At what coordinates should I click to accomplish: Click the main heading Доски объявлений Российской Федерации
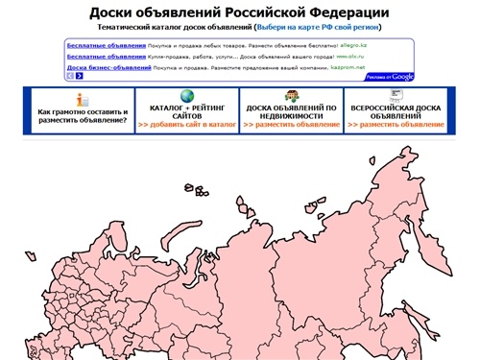coord(239,12)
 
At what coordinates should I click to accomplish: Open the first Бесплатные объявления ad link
coord(107,45)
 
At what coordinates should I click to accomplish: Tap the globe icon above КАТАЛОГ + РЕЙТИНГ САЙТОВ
coord(185,96)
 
